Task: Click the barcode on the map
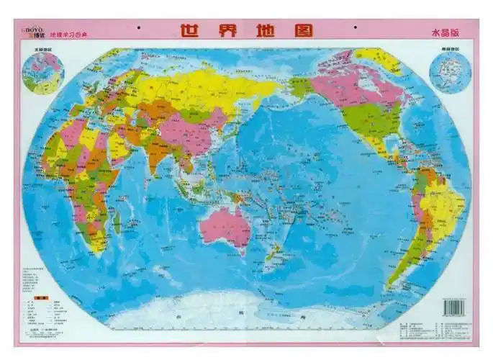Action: tap(454, 305)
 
